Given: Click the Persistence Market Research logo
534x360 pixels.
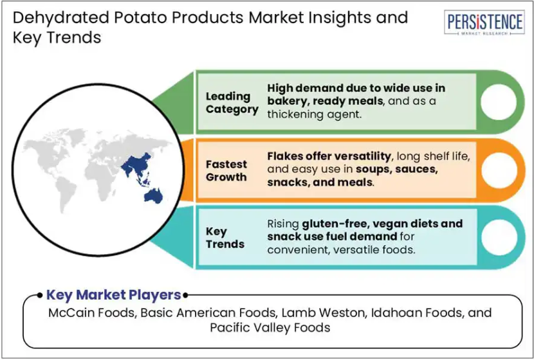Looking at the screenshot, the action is pos(484,22).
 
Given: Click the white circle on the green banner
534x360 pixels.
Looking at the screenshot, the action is pos(499,102).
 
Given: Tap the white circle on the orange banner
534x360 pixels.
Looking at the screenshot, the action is pos(499,170).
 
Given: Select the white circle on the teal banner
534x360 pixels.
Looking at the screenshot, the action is pos(499,237).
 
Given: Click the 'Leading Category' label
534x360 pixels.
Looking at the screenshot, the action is pos(232,103).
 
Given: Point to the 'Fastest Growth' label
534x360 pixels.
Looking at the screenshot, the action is pos(226,171).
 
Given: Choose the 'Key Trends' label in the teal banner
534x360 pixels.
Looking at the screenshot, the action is pos(225,238).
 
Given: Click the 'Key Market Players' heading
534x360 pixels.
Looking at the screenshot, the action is pos(113,295).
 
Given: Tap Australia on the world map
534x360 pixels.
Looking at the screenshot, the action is pos(153,196).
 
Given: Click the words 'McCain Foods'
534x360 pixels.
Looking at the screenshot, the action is pos(91,312).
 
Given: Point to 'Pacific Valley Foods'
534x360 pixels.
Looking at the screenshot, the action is pos(270,327).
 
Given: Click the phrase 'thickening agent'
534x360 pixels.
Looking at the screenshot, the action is pos(314,114).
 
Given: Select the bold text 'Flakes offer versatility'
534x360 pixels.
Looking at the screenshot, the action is pos(329,156).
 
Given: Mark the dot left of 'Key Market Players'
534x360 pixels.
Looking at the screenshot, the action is pos(40,295).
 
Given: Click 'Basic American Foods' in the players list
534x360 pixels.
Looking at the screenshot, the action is pos(208,312).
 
